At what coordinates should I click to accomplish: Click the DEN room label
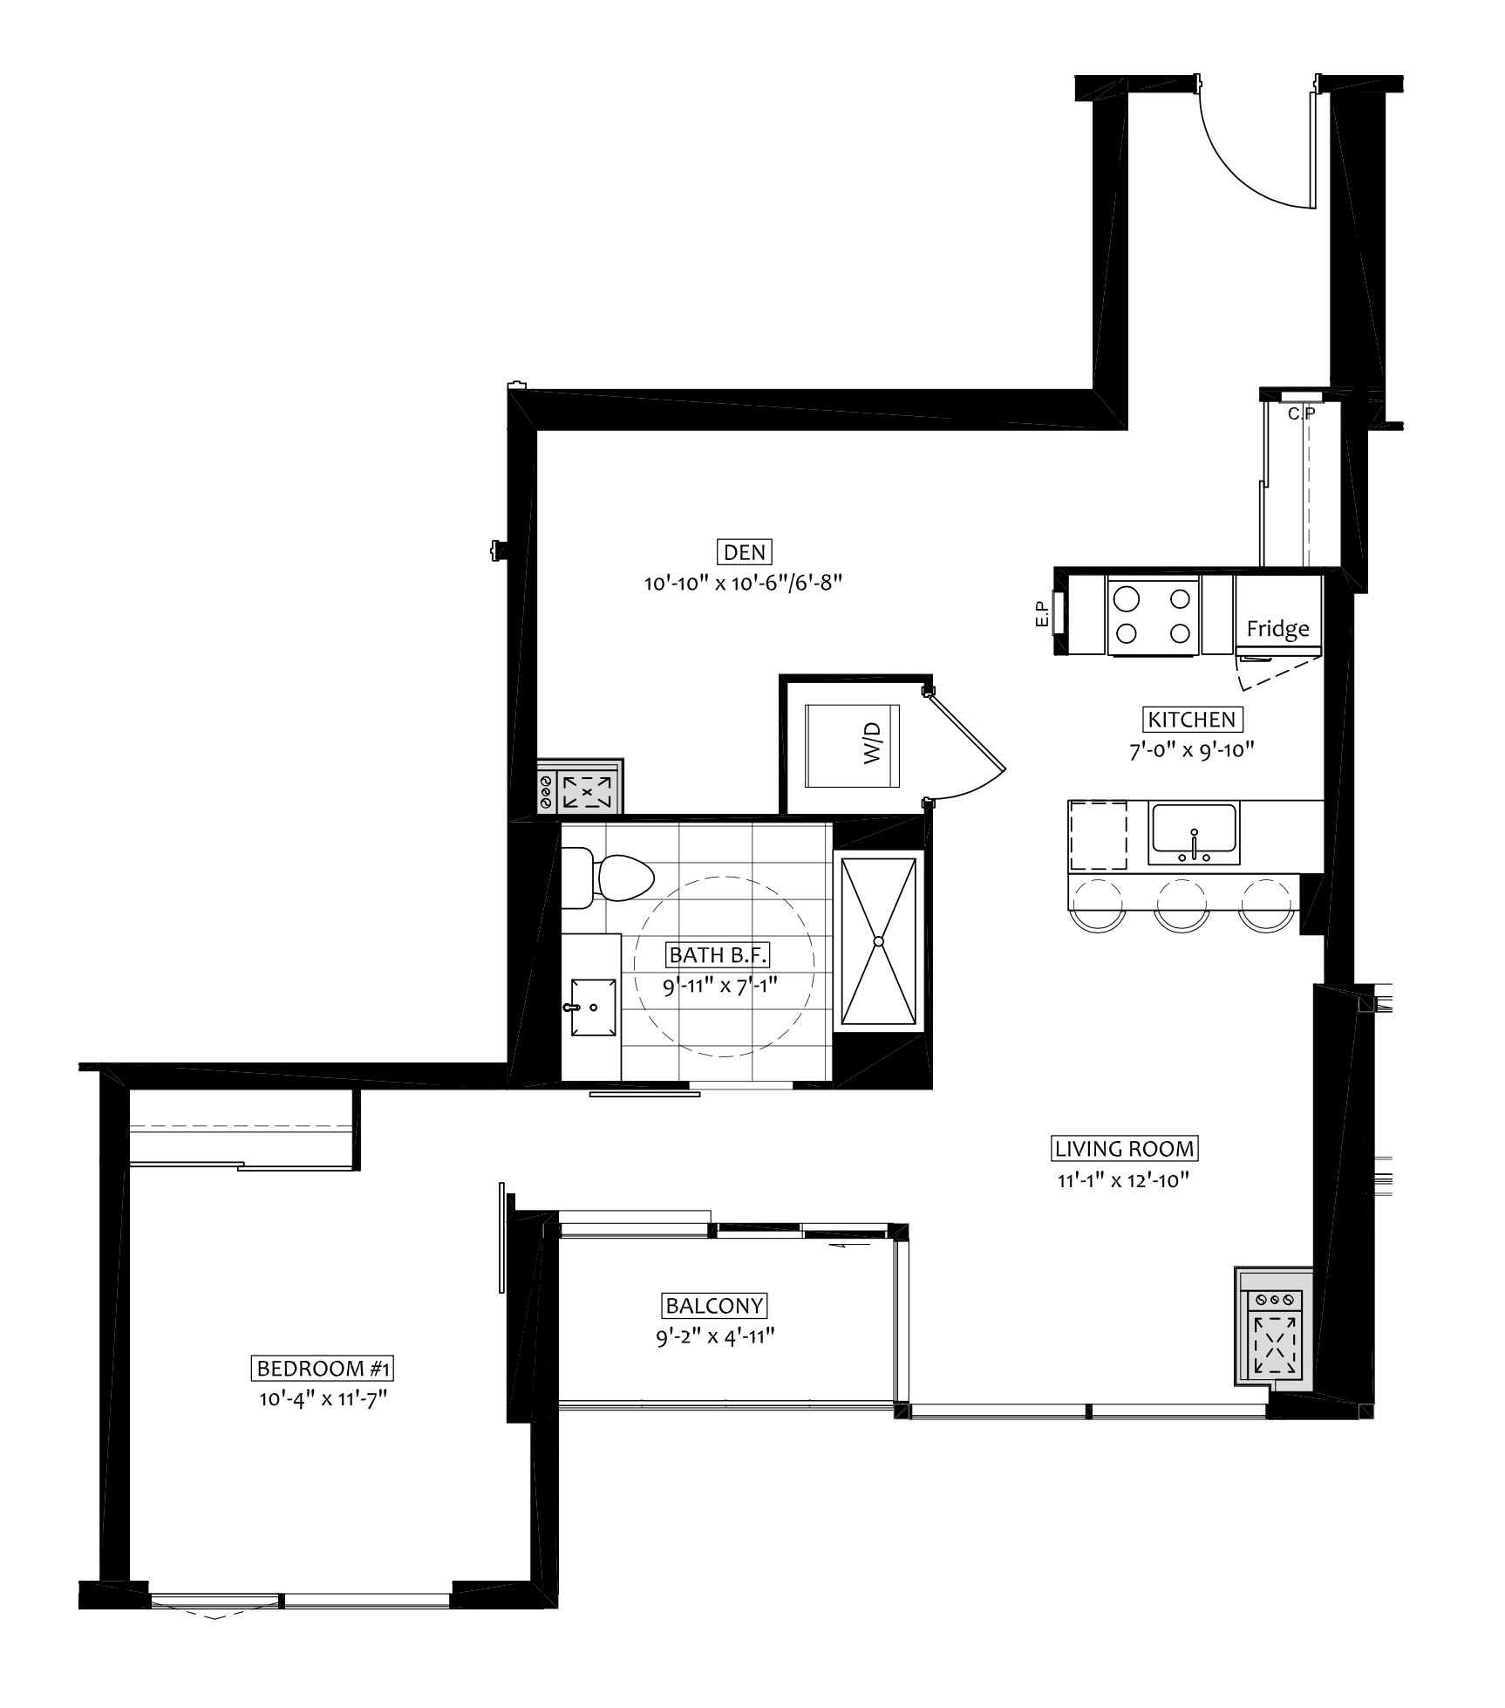[745, 552]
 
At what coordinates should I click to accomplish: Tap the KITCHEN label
[1192, 720]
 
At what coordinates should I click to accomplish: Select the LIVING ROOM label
[1124, 1149]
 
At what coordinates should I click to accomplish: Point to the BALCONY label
[714, 1306]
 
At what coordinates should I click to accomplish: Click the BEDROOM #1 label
[323, 1369]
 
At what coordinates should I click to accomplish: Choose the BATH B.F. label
[718, 955]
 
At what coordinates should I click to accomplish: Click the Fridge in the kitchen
[1277, 628]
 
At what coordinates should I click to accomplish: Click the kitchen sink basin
[1194, 829]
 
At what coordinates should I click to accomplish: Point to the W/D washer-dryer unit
[852, 745]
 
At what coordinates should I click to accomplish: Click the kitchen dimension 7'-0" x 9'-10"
[1192, 750]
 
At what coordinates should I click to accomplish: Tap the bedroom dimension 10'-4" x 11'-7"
[323, 1399]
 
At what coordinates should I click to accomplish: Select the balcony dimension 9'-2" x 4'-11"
[715, 1336]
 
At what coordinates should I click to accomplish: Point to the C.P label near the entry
[1303, 413]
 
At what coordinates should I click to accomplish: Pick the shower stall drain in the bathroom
[879, 941]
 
